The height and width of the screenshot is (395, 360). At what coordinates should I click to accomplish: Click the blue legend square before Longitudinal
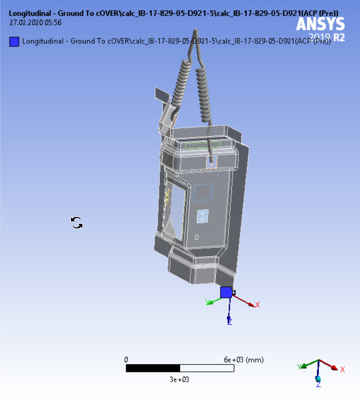14,41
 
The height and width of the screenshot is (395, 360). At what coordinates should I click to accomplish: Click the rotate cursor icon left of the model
77,223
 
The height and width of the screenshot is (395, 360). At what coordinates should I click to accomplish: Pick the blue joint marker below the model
226,292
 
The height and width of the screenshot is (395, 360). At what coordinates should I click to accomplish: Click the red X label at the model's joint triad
257,305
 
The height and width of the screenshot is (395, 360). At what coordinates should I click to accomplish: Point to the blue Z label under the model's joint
229,321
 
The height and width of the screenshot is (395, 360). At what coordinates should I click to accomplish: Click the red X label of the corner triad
342,369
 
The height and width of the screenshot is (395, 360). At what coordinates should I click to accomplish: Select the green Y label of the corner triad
299,366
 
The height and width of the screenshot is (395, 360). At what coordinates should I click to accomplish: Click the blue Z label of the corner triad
319,383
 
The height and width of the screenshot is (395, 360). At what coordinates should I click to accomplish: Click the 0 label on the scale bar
126,359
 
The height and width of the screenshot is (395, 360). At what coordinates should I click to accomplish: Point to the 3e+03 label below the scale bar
180,379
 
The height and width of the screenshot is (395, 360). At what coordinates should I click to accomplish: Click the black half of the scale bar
153,368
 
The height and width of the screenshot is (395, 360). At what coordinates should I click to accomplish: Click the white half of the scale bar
207,368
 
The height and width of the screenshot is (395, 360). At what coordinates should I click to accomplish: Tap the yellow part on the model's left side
168,197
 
